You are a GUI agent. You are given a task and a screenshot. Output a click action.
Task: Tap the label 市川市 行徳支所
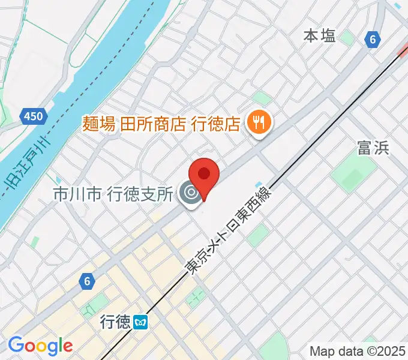[x=113, y=193]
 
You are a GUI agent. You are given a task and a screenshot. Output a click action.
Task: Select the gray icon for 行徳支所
[x=191, y=193]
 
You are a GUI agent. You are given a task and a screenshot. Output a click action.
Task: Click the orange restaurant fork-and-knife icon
[x=259, y=123]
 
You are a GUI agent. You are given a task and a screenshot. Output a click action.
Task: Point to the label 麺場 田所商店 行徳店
[x=161, y=124]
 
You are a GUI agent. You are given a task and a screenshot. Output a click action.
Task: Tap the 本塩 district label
[x=319, y=36]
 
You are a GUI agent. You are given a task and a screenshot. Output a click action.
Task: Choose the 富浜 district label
[x=373, y=148]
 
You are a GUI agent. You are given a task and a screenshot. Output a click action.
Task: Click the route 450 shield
[x=34, y=116]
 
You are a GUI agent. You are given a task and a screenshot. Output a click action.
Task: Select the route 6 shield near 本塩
[x=373, y=40]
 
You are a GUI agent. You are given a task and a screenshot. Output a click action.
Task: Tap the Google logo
[x=40, y=346]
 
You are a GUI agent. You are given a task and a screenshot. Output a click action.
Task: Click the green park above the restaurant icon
[x=262, y=97]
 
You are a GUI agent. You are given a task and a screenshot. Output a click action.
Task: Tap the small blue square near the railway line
[x=259, y=184]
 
